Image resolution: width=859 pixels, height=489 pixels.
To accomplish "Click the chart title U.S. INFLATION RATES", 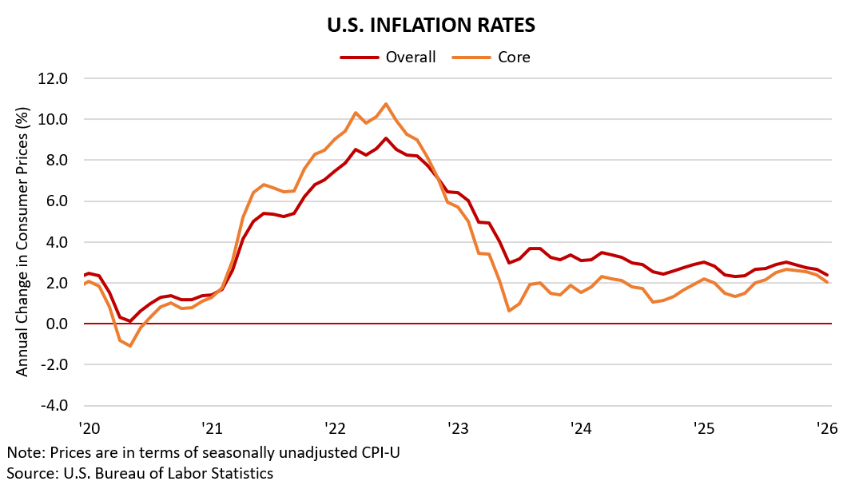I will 431,25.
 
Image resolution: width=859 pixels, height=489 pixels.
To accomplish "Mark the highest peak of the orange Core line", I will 386,104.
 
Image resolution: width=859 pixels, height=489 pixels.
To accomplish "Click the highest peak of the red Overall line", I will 386,138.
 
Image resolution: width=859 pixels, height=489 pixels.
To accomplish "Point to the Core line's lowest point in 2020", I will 129,346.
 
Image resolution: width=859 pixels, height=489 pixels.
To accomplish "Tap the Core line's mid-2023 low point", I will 510,310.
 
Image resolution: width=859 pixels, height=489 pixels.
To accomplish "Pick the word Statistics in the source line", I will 242,473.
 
